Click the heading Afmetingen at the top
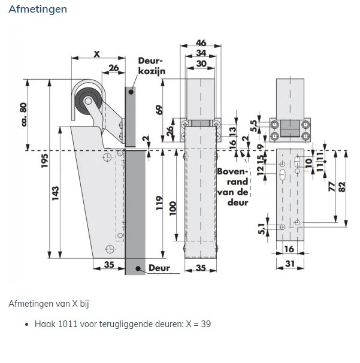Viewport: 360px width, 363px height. (38, 10)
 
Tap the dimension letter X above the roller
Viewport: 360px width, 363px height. (96, 54)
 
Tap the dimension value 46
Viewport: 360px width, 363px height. (201, 43)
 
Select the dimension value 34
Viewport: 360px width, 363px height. (201, 53)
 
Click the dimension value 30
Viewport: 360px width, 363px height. (201, 63)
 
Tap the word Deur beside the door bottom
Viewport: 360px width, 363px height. (159, 268)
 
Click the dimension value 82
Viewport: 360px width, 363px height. (342, 186)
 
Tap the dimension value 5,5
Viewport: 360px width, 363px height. (253, 126)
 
